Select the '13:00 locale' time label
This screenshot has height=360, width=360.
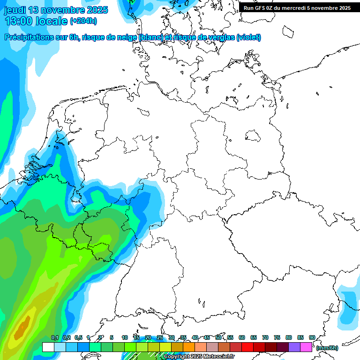point(36,21)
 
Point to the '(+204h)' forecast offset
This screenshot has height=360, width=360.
point(83,21)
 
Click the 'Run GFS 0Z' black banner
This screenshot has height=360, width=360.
point(297,7)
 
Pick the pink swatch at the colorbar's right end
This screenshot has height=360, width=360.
point(306,347)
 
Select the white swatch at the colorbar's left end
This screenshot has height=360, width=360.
point(48,347)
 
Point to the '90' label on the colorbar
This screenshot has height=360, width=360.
point(312,337)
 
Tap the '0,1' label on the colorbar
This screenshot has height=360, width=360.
point(54,337)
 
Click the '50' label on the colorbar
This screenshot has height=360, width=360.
point(218,337)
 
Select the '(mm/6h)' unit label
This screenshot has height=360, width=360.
point(327,348)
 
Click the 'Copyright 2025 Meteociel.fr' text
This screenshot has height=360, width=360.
point(199,357)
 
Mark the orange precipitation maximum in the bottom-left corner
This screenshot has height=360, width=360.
point(22,328)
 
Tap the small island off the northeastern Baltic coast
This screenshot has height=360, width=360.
point(285,31)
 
